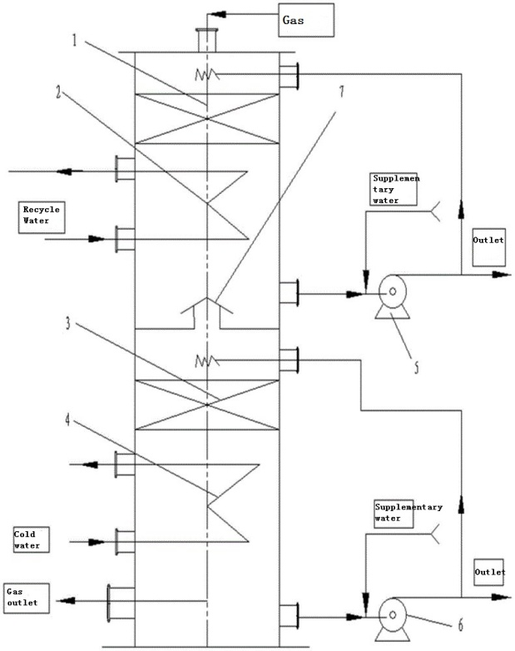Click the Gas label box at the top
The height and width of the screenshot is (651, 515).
(305, 20)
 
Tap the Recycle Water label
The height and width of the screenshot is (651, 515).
(41, 215)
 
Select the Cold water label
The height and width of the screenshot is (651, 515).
(27, 539)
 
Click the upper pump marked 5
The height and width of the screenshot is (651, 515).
(390, 294)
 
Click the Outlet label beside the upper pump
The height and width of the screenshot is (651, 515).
(488, 243)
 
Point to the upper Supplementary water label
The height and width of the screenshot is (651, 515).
(396, 189)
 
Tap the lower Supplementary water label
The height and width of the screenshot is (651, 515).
(409, 512)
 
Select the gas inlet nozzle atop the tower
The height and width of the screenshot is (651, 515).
(206, 39)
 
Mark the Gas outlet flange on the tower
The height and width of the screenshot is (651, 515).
(111, 602)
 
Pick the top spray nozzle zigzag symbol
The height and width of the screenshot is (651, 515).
(206, 75)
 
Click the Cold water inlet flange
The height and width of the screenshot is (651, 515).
(123, 542)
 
